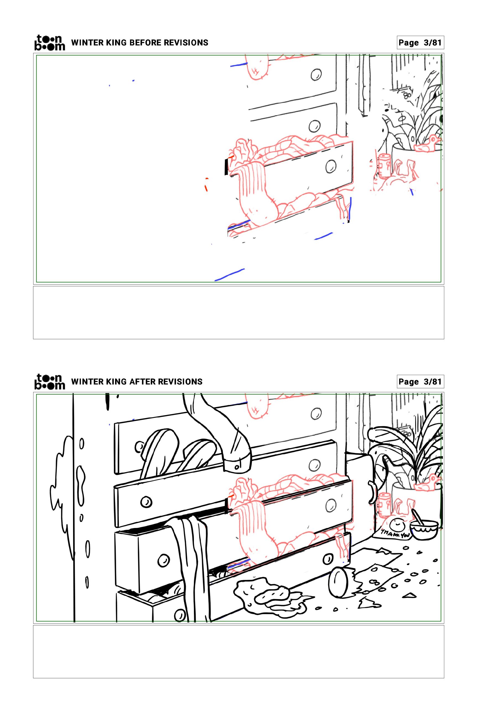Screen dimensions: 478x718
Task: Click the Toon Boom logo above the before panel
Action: click(50, 42)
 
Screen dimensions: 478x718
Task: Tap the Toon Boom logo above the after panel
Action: click(50, 382)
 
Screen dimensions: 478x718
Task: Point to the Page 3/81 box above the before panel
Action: click(420, 42)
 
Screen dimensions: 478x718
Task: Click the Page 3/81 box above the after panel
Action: click(420, 382)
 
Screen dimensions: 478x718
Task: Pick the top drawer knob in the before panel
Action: click(316, 74)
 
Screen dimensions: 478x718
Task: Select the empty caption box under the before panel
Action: click(239, 312)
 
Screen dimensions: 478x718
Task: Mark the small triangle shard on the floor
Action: click(409, 595)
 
